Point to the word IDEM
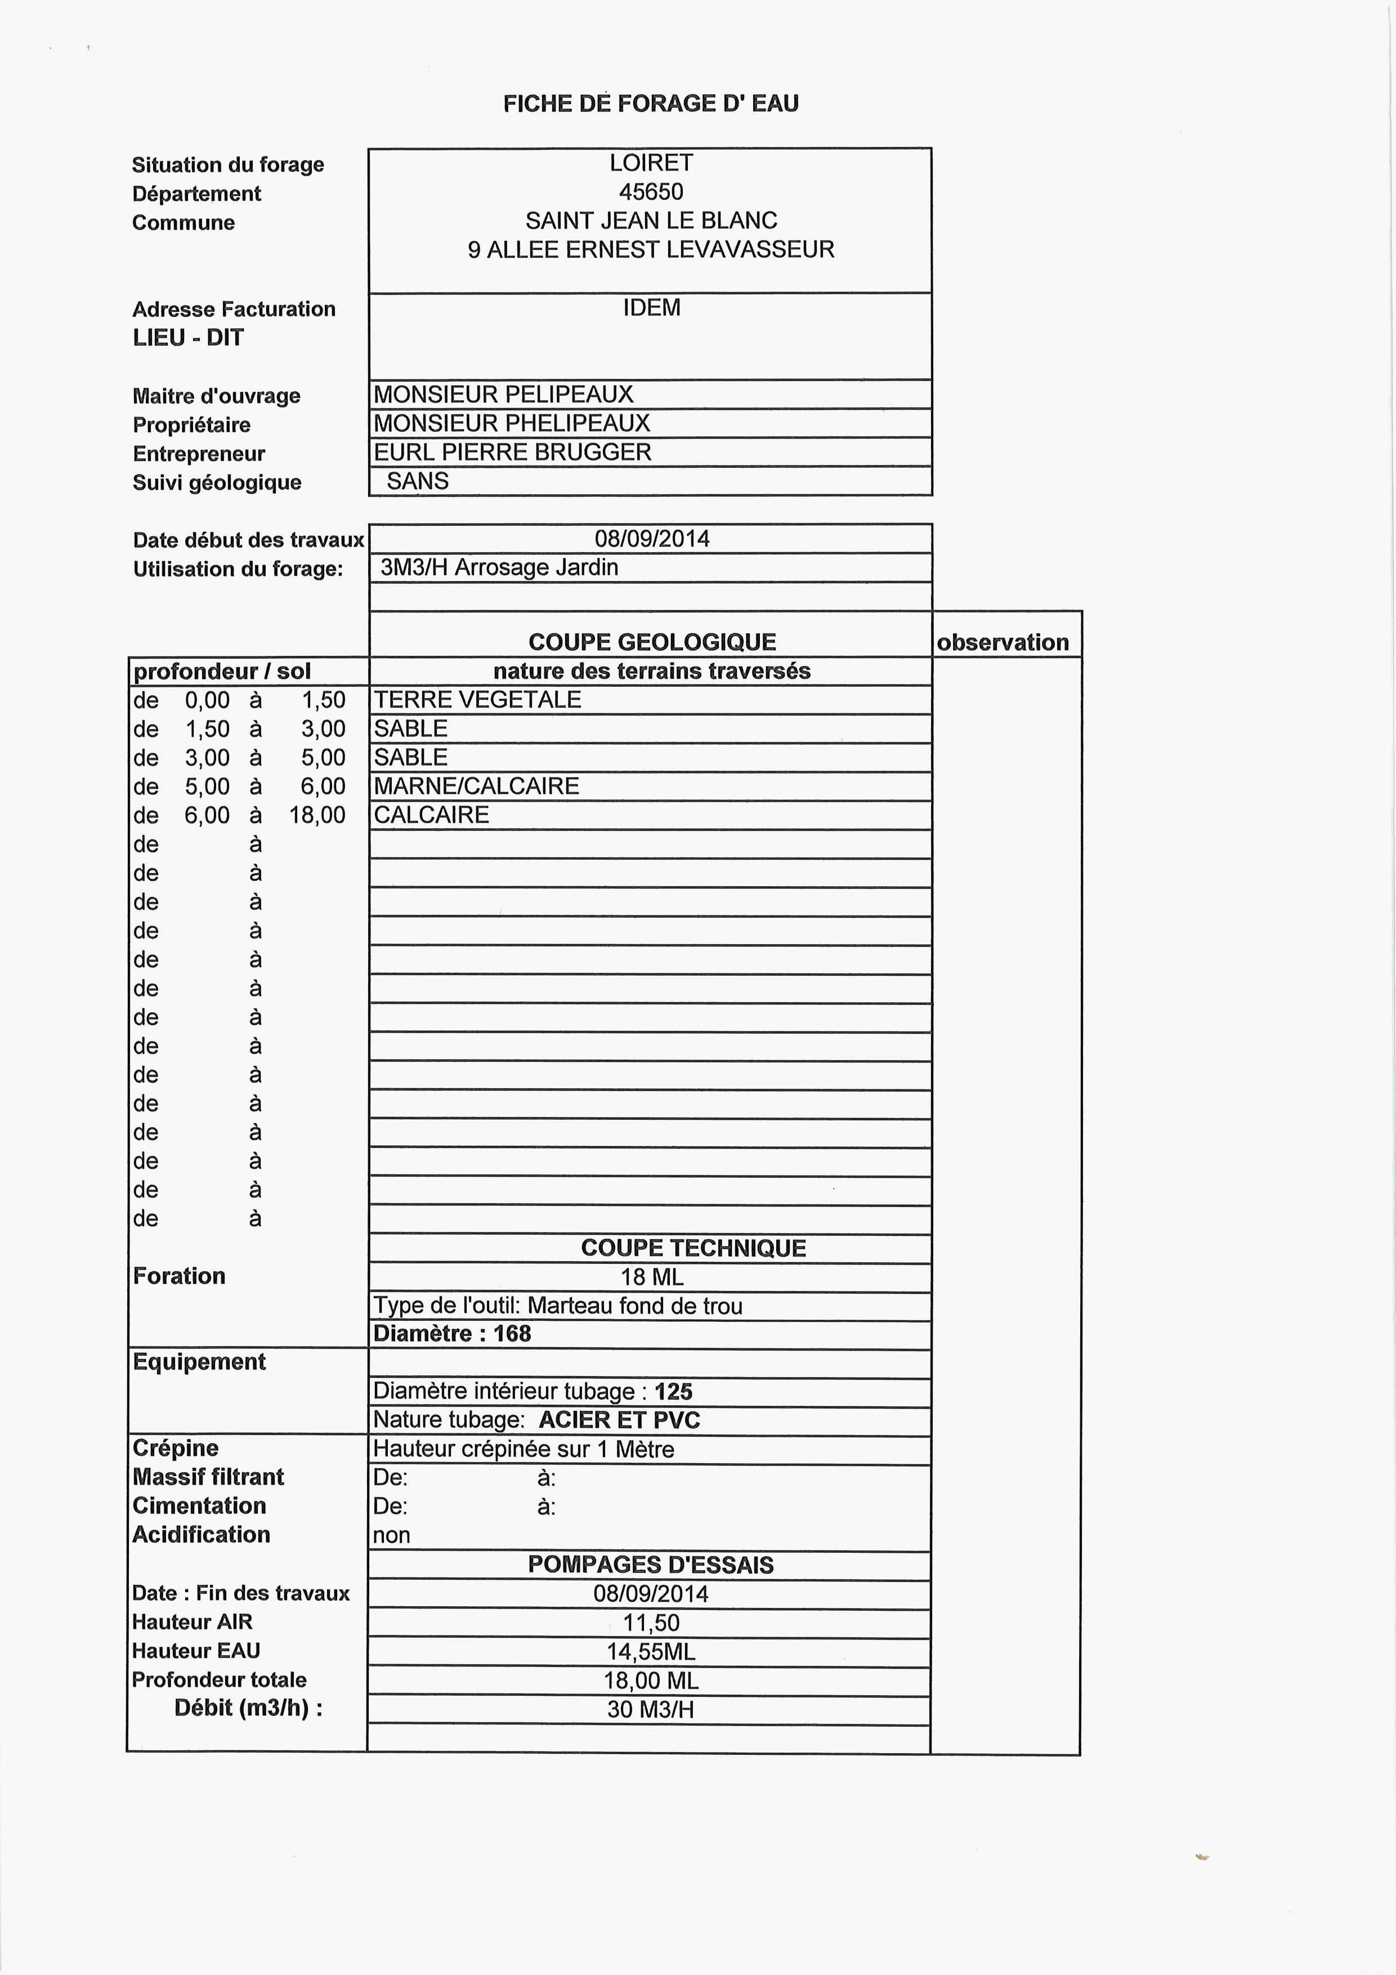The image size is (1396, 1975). [x=651, y=308]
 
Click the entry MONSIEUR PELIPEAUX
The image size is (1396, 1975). [x=503, y=395]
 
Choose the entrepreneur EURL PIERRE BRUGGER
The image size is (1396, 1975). [x=513, y=453]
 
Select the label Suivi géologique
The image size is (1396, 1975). [x=217, y=482]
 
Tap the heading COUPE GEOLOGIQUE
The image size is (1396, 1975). [x=652, y=642]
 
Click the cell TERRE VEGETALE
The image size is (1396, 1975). [x=477, y=700]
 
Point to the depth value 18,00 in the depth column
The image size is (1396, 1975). [x=317, y=815]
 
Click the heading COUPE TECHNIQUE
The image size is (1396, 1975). [x=693, y=1248]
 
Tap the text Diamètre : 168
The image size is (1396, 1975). [x=453, y=1334]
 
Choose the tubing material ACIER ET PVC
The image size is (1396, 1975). [x=619, y=1420]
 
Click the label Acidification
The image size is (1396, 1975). [x=202, y=1535]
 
